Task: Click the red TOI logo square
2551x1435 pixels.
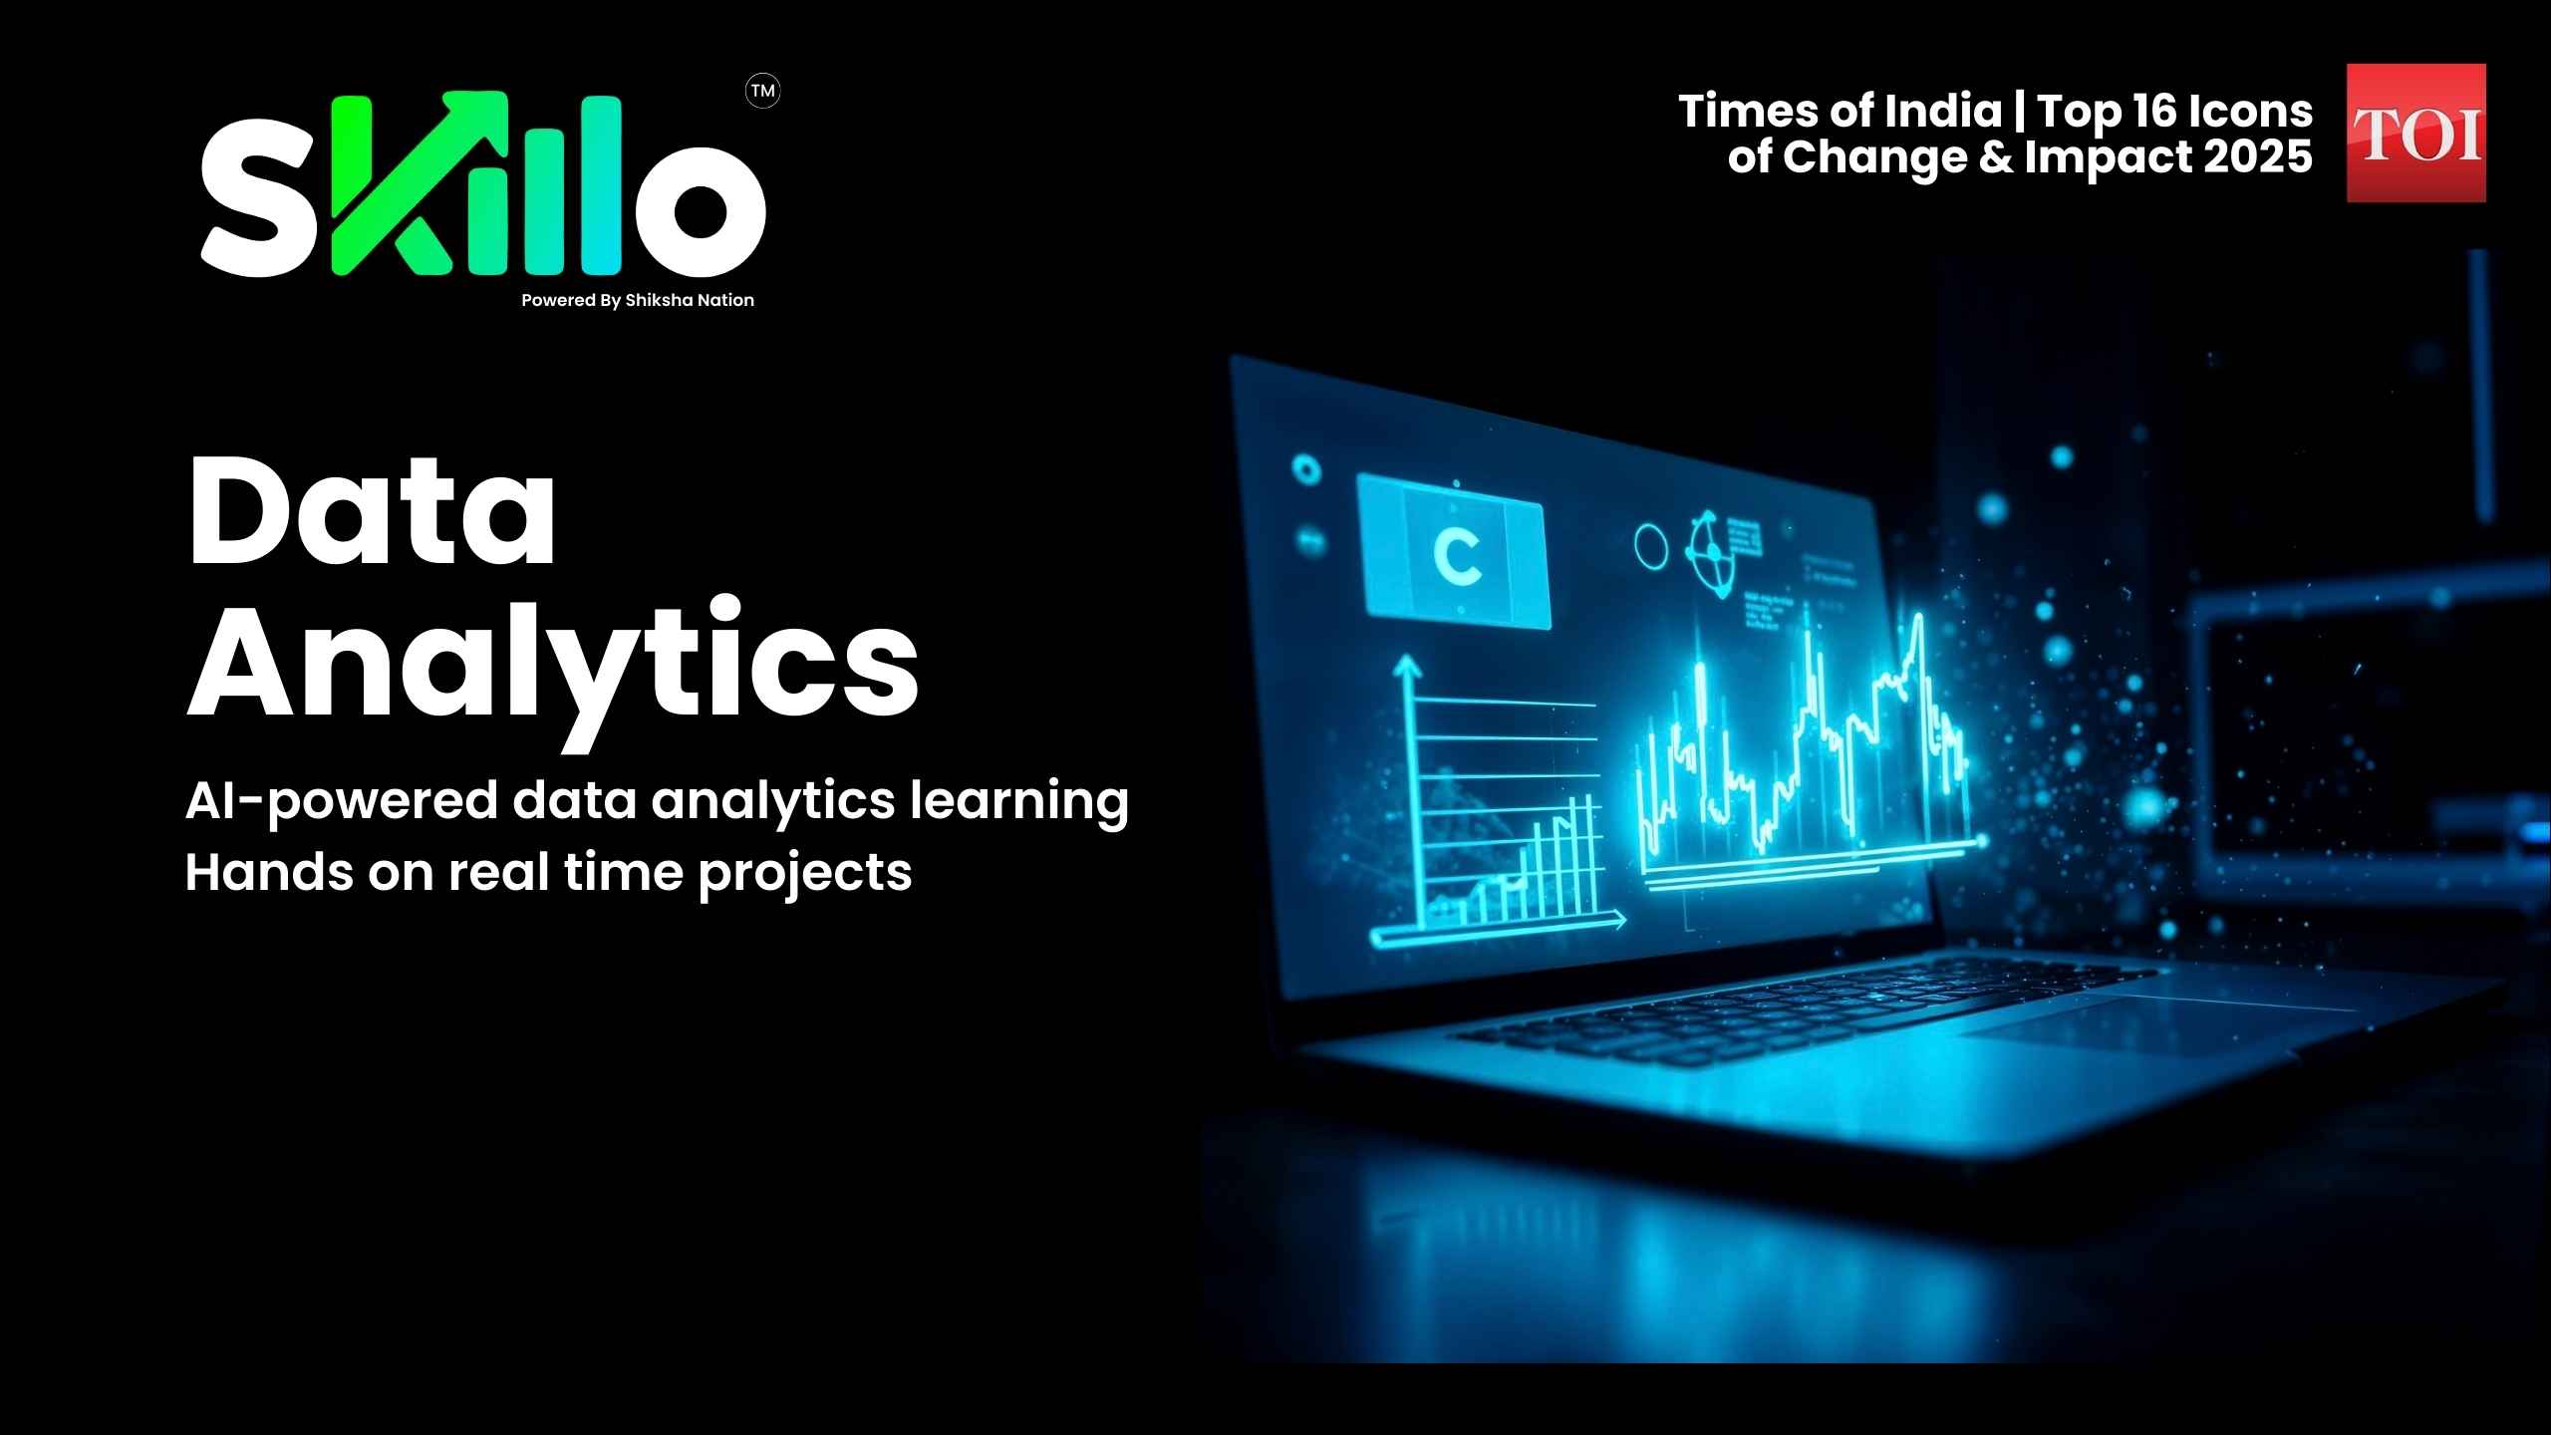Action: coord(2415,133)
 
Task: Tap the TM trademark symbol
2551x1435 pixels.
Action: coord(762,92)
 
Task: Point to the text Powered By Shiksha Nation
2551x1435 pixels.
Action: coord(638,300)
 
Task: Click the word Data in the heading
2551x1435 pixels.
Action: coord(371,512)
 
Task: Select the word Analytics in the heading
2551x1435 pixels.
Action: coord(553,663)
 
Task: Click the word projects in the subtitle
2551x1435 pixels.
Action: coord(805,873)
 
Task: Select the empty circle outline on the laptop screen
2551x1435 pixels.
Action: coord(1650,546)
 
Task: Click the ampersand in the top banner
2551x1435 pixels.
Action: coord(1997,157)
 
